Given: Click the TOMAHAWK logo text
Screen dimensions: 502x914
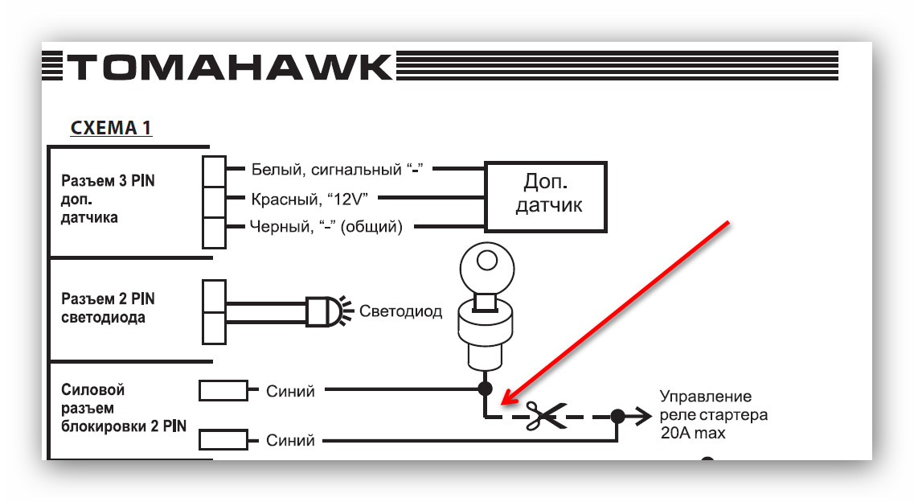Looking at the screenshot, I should click(229, 68).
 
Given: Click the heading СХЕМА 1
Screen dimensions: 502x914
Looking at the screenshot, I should click(111, 128).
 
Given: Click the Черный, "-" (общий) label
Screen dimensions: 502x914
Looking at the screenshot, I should click(326, 227).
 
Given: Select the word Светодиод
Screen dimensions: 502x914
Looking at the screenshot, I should click(400, 311).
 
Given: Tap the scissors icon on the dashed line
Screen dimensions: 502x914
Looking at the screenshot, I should click(544, 417).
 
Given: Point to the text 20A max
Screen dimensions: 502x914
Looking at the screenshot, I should click(692, 434).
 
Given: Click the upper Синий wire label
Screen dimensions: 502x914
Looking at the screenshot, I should click(290, 391).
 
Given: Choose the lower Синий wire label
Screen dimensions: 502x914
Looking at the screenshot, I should click(290, 441).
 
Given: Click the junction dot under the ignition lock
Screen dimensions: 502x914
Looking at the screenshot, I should click(485, 389).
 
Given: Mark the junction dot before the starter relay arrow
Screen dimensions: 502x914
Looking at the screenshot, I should click(617, 416).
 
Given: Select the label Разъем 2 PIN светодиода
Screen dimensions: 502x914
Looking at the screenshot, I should click(108, 308).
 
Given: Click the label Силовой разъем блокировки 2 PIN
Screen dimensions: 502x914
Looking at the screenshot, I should click(124, 408).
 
